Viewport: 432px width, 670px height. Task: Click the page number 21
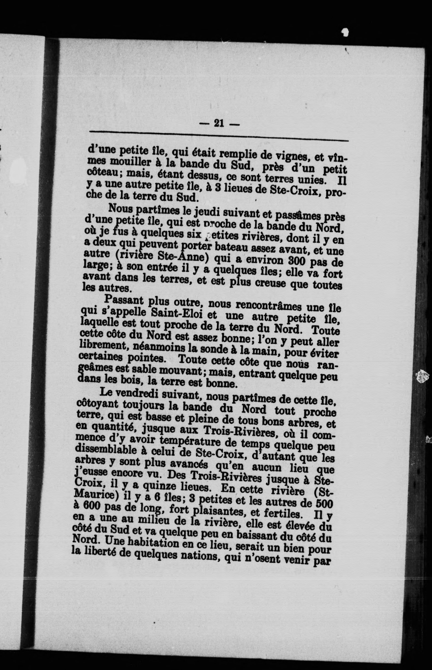[x=219, y=123]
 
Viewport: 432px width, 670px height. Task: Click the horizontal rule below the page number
[x=219, y=135]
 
